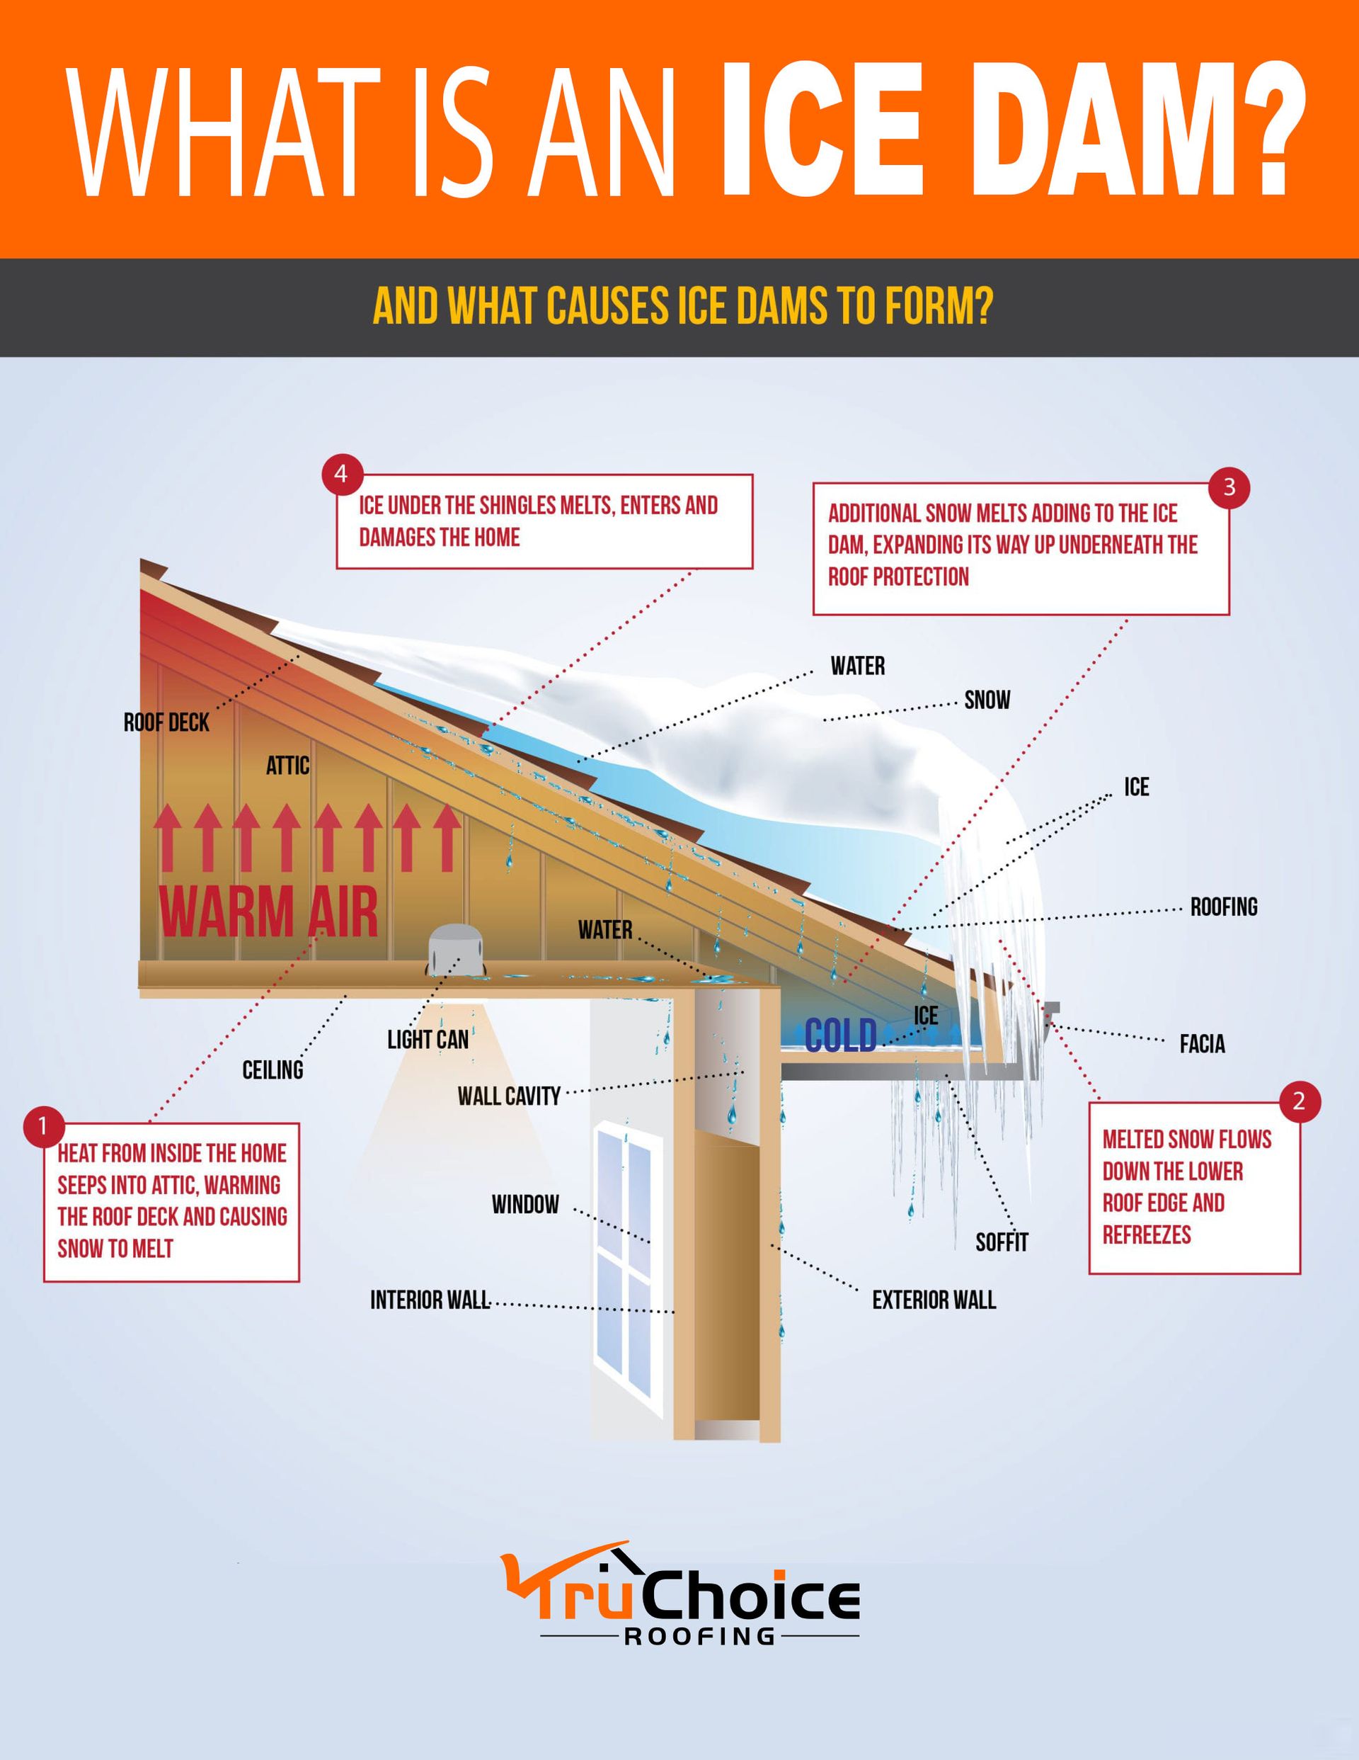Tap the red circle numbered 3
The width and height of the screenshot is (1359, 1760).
pyautogui.click(x=1229, y=487)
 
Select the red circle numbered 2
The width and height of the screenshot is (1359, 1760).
pyautogui.click(x=1299, y=1101)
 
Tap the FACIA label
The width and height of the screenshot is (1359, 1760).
pyautogui.click(x=1202, y=1045)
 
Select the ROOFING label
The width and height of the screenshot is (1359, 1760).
pyautogui.click(x=1224, y=907)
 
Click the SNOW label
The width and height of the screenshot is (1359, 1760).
pyautogui.click(x=987, y=700)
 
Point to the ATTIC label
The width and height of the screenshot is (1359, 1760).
pyautogui.click(x=287, y=766)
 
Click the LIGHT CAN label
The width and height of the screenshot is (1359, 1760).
pyautogui.click(x=428, y=1040)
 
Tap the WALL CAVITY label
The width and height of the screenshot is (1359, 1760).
pyautogui.click(x=508, y=1096)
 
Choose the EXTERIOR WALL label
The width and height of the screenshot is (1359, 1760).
pyautogui.click(x=934, y=1300)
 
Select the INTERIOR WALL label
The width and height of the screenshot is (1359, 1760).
pyautogui.click(x=430, y=1300)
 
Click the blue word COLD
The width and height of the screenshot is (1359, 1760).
pyautogui.click(x=840, y=1036)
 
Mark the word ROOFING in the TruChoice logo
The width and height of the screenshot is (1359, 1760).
pyautogui.click(x=699, y=1636)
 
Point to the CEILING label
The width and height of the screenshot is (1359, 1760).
pyautogui.click(x=273, y=1070)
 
